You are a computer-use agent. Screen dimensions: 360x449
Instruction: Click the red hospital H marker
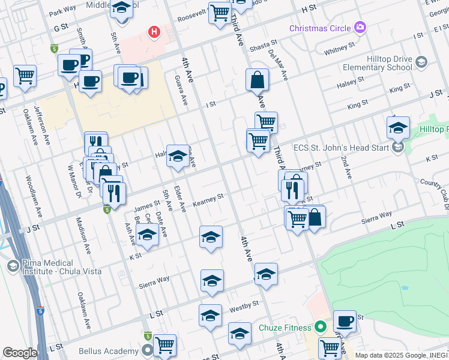coord(155,31)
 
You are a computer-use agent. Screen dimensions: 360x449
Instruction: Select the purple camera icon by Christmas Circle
coord(360,27)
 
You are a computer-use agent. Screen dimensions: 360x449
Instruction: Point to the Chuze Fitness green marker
coord(321,328)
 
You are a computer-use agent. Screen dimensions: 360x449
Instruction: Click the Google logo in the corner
coord(20,352)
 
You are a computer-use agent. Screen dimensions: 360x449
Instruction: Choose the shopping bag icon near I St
coord(256,80)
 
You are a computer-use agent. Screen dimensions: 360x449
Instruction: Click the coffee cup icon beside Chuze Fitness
coord(344,321)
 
